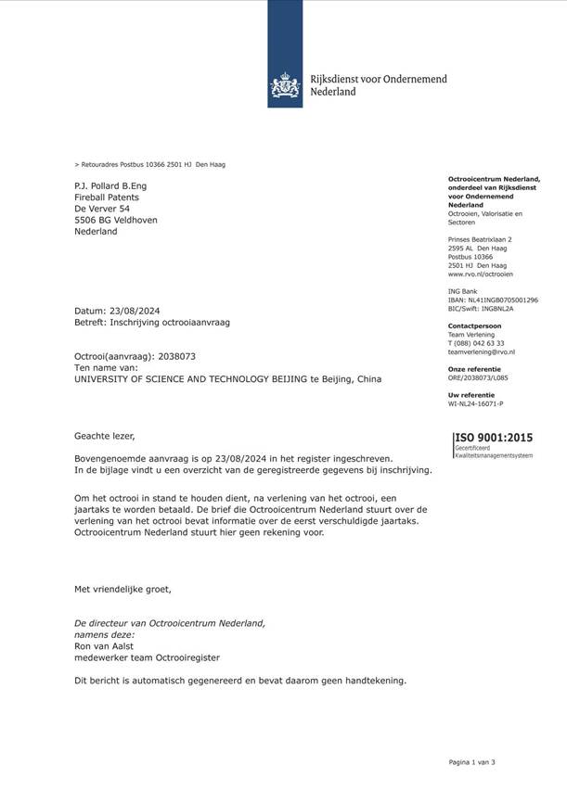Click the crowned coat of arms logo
point(285,85)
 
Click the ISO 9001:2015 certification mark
point(493,438)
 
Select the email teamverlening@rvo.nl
point(481,352)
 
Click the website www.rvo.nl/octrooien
point(480,274)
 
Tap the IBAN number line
point(492,300)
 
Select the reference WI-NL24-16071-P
point(475,404)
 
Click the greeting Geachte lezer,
point(105,435)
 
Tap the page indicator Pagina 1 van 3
point(471,762)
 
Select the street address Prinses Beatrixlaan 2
point(481,240)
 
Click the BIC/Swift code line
point(480,309)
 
